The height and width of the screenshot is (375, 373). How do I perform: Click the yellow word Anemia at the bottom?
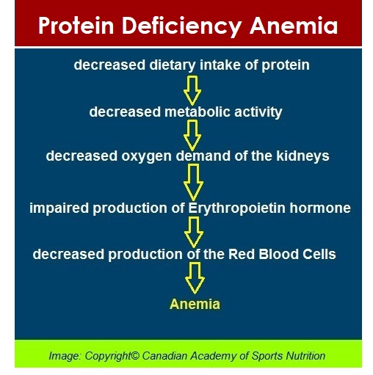point(195,304)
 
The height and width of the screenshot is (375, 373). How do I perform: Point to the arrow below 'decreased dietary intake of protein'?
point(192,90)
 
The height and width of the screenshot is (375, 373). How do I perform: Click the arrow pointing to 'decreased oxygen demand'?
point(192,134)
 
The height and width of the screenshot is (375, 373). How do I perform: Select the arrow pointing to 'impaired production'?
point(193,181)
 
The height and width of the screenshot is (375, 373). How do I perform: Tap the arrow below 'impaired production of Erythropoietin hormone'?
point(194,231)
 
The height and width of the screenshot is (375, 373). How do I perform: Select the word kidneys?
point(303,156)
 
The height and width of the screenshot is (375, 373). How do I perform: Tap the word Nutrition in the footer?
point(302,356)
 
